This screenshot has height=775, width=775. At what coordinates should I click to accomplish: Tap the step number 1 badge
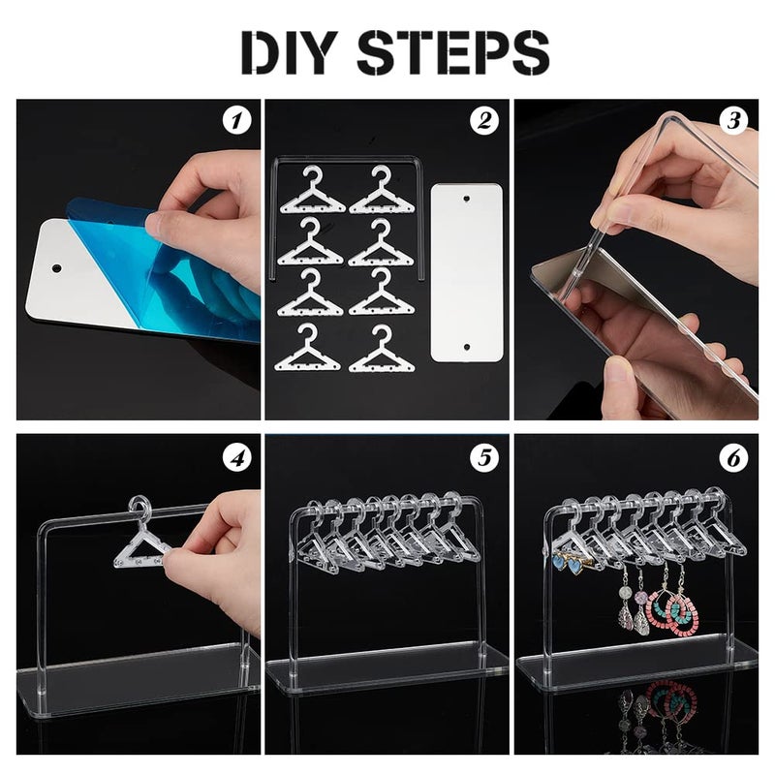pyautogui.click(x=235, y=122)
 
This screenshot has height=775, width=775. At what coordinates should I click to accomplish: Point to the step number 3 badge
pyautogui.click(x=733, y=122)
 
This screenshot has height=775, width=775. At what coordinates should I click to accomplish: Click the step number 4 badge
pyautogui.click(x=235, y=456)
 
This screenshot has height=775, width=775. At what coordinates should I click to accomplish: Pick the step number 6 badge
pyautogui.click(x=733, y=456)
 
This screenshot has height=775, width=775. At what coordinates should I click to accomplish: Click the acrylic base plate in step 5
pyautogui.click(x=387, y=668)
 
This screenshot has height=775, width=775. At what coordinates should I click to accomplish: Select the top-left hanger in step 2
pyautogui.click(x=313, y=191)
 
